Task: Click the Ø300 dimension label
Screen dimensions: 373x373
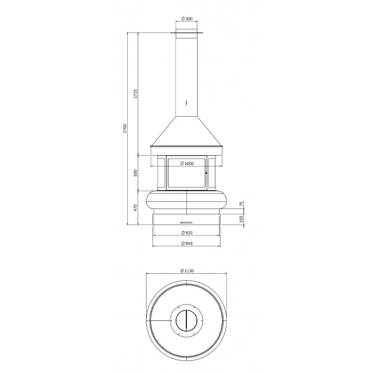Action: tap(186, 19)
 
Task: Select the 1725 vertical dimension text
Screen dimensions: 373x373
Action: tap(136, 94)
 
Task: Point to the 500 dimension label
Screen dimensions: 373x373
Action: tap(136, 173)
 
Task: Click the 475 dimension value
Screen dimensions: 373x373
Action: tap(136, 207)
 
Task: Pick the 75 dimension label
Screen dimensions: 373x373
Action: tap(241, 204)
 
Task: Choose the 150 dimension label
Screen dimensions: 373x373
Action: tap(241, 219)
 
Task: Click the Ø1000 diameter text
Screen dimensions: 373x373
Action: tap(187, 164)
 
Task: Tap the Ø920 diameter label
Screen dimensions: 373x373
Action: tap(187, 233)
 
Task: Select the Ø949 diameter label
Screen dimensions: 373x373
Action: tap(187, 243)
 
